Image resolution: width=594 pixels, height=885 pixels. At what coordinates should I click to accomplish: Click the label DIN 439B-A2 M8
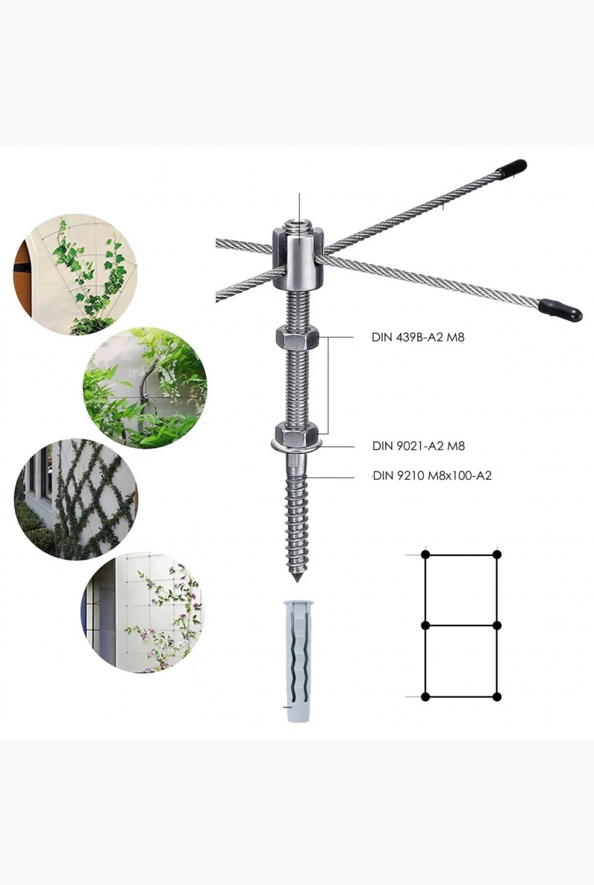[x=418, y=337]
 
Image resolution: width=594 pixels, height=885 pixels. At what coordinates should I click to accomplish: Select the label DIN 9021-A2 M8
[x=419, y=446]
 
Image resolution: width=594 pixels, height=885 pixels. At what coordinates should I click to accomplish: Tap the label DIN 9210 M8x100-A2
[x=432, y=475]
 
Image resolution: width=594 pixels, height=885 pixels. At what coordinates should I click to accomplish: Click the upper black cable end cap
[x=512, y=168]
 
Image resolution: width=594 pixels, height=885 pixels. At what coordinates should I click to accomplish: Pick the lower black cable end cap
[x=560, y=310]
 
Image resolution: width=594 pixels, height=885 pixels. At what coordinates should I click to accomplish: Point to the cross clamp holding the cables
[x=298, y=257]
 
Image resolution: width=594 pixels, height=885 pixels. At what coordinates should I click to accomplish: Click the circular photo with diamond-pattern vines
[x=75, y=499]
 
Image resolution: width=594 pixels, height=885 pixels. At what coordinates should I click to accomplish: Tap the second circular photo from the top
[x=145, y=388]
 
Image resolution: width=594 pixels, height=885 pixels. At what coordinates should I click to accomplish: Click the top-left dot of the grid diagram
[x=426, y=555]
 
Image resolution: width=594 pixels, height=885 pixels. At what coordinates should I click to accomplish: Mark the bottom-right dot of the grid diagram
[x=497, y=697]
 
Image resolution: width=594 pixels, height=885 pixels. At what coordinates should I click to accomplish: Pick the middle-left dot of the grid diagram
[x=426, y=625]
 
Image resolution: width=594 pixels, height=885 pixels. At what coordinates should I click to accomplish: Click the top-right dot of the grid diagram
[x=497, y=555]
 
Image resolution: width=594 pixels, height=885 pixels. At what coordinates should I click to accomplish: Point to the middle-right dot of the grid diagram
[x=497, y=625]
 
